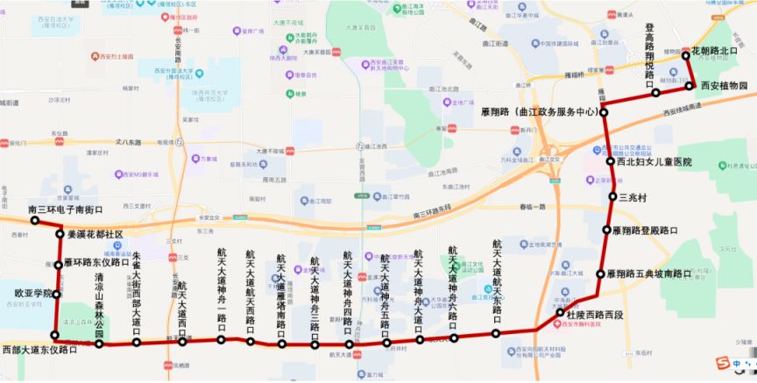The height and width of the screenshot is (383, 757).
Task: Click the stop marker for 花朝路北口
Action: pyautogui.click(x=686, y=56)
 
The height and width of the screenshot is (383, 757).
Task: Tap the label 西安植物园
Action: pyautogui.click(x=723, y=86)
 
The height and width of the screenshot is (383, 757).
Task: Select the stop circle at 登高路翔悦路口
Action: pyautogui.click(x=654, y=92)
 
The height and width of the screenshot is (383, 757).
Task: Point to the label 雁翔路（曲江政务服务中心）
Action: pyautogui.click(x=541, y=112)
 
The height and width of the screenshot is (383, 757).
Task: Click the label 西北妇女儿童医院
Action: pyautogui.click(x=654, y=162)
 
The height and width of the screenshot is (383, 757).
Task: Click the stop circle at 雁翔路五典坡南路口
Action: pyautogui.click(x=600, y=274)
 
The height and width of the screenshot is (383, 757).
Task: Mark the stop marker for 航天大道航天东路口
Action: pyautogui.click(x=496, y=333)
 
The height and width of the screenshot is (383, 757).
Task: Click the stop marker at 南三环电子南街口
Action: pyautogui.click(x=35, y=221)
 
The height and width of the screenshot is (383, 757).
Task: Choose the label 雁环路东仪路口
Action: pyautogui.click(x=97, y=263)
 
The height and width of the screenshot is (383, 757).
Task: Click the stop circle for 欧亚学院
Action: pyautogui.click(x=58, y=294)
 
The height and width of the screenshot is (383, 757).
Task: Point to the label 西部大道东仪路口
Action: pyautogui.click(x=39, y=350)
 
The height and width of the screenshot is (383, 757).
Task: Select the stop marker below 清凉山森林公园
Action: pyautogui.click(x=99, y=344)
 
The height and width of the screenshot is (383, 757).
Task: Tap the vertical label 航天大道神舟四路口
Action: pyautogui.click(x=348, y=294)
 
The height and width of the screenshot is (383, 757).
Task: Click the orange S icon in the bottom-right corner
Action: pyautogui.click(x=722, y=363)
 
